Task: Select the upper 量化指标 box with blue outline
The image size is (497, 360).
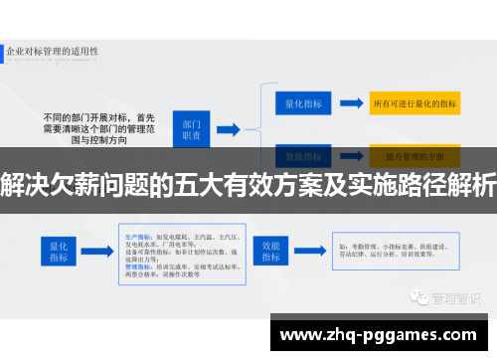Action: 298,102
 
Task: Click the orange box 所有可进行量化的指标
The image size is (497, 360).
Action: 414,102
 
